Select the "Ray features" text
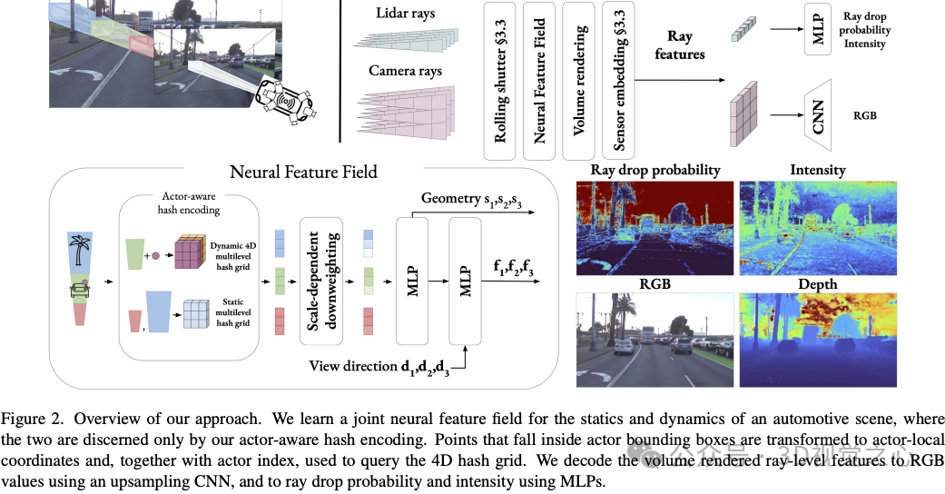point(679,46)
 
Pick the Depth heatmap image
point(818,340)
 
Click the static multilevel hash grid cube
point(195,312)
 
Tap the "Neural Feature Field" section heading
point(303,172)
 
